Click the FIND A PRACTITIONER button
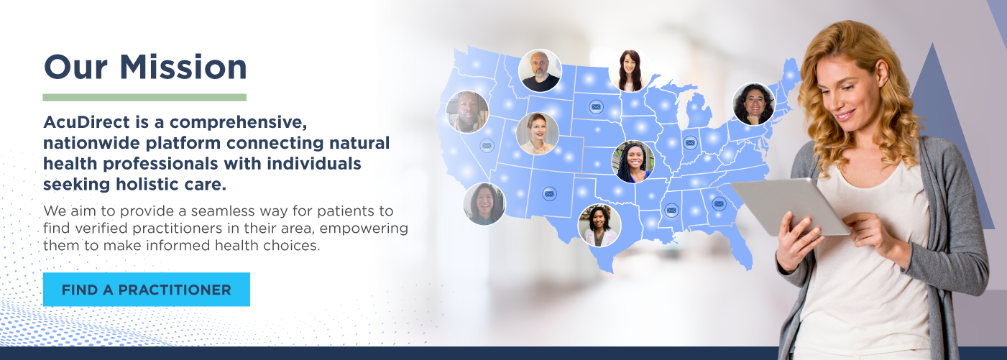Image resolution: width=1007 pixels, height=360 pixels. [x=147, y=290]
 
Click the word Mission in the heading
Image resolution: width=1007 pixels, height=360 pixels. [x=183, y=68]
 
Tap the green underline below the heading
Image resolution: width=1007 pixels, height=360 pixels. [x=144, y=98]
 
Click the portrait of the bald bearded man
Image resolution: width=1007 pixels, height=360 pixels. [x=540, y=71]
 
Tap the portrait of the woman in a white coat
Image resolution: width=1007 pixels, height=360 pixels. [x=599, y=226]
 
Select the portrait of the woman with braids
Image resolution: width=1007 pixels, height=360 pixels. [x=633, y=162]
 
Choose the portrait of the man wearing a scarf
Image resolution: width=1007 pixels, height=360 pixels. [x=467, y=112]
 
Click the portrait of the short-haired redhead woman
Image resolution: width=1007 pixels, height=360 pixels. [x=538, y=134]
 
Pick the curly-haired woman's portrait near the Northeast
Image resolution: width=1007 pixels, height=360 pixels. [x=754, y=104]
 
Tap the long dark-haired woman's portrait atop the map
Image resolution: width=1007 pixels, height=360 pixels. [x=630, y=71]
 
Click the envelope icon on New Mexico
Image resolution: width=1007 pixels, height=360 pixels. [x=549, y=194]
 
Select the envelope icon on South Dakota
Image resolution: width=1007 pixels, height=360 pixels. [x=596, y=107]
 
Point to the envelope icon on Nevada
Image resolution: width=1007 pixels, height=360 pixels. [x=487, y=146]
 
